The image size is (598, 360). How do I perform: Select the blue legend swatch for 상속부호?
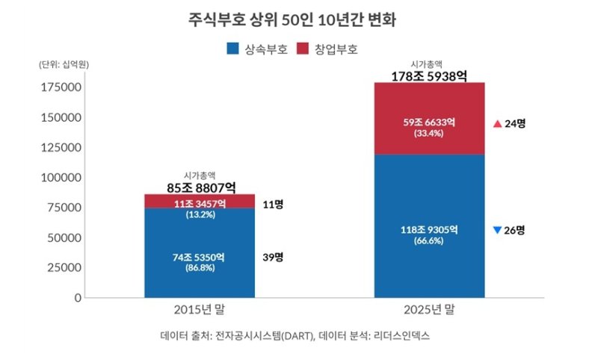[x=232, y=49]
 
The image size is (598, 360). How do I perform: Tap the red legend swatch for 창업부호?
[x=302, y=49]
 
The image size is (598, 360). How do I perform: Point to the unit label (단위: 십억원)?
[x=64, y=65]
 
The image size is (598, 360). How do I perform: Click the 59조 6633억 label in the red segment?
[x=429, y=122]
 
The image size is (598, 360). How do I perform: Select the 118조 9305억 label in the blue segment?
[x=429, y=230]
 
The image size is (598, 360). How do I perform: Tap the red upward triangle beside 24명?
[x=497, y=123]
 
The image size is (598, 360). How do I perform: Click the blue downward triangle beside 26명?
[x=497, y=230]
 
